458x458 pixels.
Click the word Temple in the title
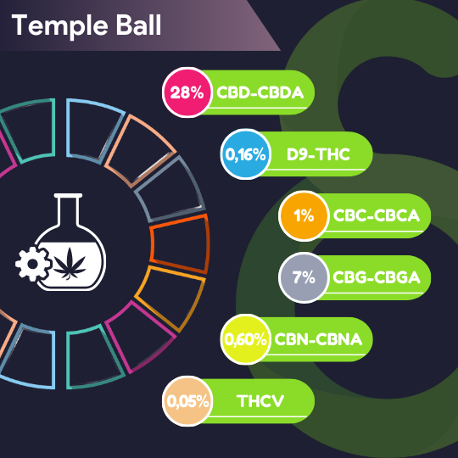point(59,26)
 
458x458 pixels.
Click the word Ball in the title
point(138,25)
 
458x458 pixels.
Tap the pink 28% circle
point(187,92)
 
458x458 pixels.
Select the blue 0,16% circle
point(246,154)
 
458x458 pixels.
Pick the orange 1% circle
point(304,216)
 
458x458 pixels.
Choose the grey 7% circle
point(304,277)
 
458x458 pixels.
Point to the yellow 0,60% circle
point(246,339)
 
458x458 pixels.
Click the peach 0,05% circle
point(187,401)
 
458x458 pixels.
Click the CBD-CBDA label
point(260,92)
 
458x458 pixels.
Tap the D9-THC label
point(318,154)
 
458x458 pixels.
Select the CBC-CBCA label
point(377,216)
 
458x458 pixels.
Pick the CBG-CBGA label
point(377,277)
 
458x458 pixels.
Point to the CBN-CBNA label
point(318,339)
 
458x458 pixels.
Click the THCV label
point(260,401)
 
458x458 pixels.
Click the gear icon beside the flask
point(33,264)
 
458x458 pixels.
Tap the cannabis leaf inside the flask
point(70,264)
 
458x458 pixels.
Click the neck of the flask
point(69,210)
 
